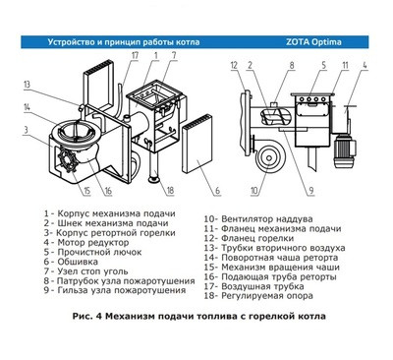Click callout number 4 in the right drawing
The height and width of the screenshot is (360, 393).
point(367,66)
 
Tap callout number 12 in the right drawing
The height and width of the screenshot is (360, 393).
point(234,66)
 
